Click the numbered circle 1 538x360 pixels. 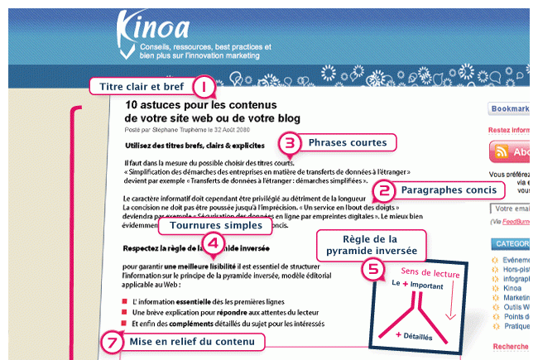[x=204, y=86]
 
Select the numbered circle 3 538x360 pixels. [x=288, y=143]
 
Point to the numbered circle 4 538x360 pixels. [x=214, y=242]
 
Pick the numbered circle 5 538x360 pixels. [x=374, y=268]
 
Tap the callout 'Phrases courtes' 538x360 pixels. [x=347, y=142]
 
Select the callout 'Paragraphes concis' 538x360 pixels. [x=447, y=190]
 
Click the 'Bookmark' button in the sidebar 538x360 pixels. [x=510, y=108]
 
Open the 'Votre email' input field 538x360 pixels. [x=510, y=209]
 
